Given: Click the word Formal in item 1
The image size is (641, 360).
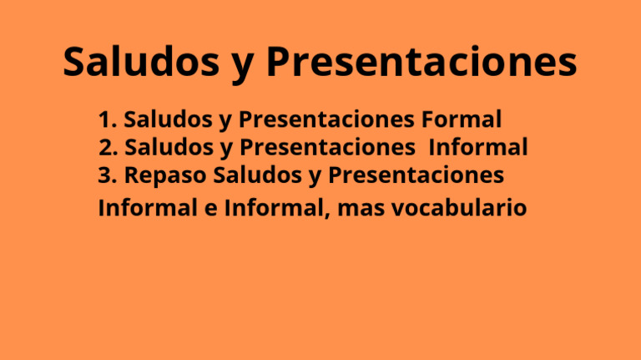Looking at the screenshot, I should pyautogui.click(x=462, y=120).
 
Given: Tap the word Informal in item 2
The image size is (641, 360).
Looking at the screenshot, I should pyautogui.click(x=478, y=148).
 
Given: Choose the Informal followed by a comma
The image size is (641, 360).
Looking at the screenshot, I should pyautogui.click(x=273, y=207).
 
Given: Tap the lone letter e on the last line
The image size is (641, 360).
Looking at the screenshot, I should pyautogui.click(x=209, y=208).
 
